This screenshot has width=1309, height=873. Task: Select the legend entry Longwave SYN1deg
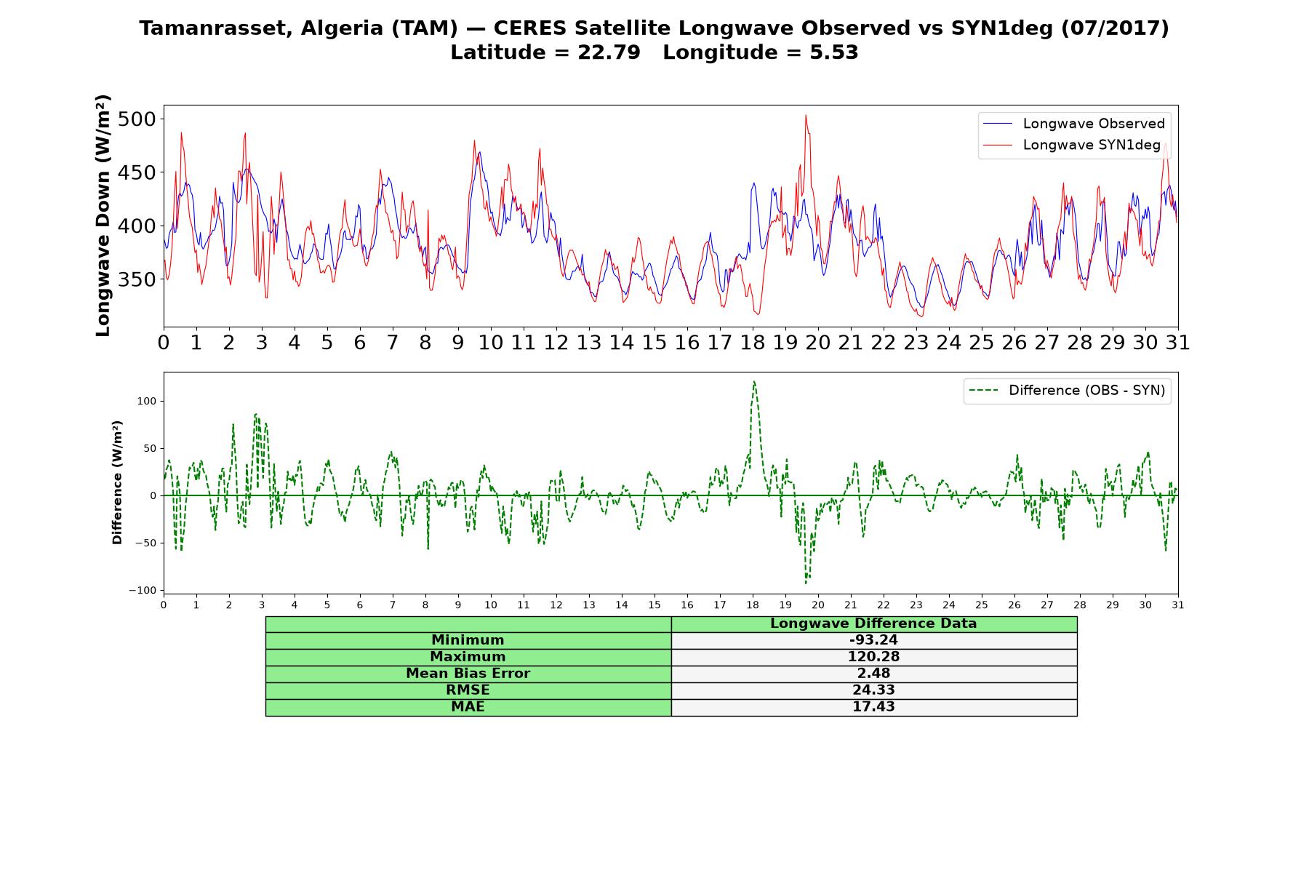[x=1072, y=145]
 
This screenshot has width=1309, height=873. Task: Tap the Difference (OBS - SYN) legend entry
[x=1068, y=391]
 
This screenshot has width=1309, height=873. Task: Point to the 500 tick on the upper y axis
[x=137, y=119]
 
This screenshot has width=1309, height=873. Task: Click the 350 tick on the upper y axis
[x=137, y=279]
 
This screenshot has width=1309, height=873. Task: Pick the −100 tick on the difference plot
[x=143, y=590]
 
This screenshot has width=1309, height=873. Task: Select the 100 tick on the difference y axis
[x=148, y=401]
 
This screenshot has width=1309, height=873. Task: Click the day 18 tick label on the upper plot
[x=753, y=343]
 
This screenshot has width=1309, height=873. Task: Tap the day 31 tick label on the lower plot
[x=1178, y=605]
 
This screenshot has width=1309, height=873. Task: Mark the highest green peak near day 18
[x=754, y=381]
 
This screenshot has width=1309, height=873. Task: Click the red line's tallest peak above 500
[x=806, y=115]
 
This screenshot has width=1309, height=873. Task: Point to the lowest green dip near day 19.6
[x=806, y=583]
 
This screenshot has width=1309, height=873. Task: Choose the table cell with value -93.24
[x=873, y=640]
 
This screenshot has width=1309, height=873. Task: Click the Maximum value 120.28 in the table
[x=873, y=657]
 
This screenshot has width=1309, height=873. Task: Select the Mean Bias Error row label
[x=468, y=674]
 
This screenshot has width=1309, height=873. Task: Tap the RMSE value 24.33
[x=873, y=690]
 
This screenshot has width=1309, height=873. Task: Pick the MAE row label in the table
[x=468, y=707]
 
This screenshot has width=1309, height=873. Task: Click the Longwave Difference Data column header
[x=873, y=623]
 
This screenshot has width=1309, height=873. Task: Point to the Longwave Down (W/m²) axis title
[x=103, y=215]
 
